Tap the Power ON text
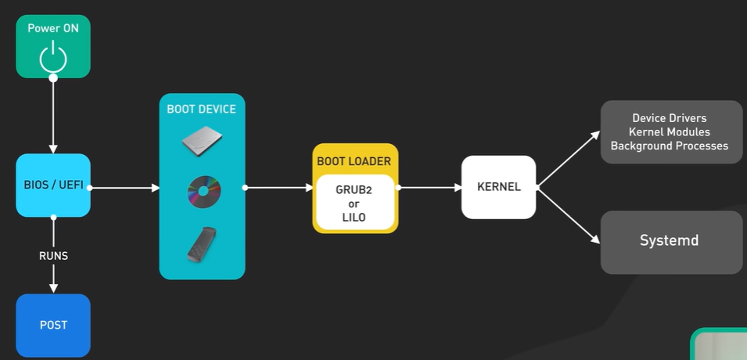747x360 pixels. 53,28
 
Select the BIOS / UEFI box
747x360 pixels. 53,185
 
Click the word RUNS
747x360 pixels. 53,256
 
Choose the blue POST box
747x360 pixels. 53,326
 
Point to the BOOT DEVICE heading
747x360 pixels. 202,110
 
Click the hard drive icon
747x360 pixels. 202,141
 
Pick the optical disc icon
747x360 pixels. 204,192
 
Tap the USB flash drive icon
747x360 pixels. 202,245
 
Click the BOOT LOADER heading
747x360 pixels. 354,162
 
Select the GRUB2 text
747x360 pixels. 354,189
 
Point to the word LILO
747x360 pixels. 354,218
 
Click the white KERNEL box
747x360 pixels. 499,187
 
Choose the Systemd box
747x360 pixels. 671,243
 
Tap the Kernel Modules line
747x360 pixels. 670,132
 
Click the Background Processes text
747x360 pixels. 670,146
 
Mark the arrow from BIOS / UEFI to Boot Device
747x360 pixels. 124,188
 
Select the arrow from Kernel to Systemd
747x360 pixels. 569,215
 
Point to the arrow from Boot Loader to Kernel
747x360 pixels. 429,188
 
